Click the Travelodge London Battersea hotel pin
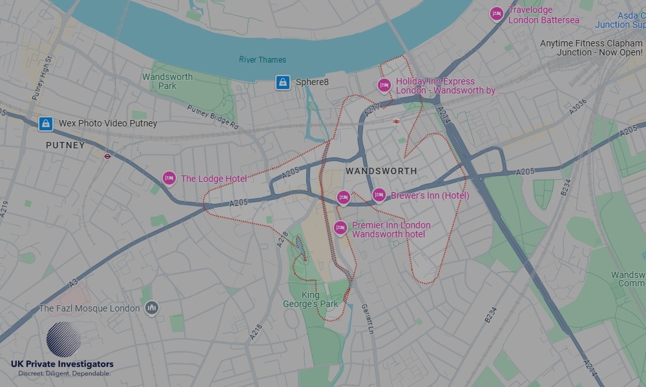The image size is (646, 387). click(x=496, y=14)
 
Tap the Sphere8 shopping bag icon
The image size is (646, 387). click(x=282, y=82)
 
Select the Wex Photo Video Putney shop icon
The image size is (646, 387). click(x=45, y=123)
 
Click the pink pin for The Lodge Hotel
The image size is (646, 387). click(x=169, y=179)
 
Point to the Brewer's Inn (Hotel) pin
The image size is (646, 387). click(x=379, y=195)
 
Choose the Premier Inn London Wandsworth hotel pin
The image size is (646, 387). click(x=340, y=228)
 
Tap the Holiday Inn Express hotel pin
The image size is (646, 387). click(x=384, y=86)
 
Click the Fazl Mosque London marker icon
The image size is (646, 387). click(x=151, y=308)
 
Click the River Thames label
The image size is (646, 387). click(x=262, y=60)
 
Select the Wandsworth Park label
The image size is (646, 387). click(x=167, y=81)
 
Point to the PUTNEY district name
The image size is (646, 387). click(x=65, y=146)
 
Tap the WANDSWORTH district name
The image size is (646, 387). click(x=381, y=171)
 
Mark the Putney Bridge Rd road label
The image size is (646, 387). click(x=213, y=118)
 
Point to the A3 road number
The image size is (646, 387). click(x=73, y=282)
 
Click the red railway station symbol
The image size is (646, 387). click(x=395, y=120)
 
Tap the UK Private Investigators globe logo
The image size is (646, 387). click(x=63, y=340)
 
